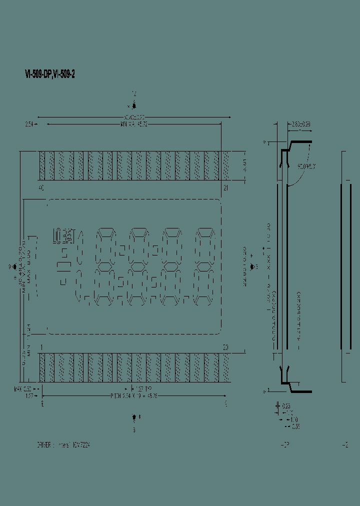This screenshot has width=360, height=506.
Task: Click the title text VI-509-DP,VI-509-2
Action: tap(50, 74)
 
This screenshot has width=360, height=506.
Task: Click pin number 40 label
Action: tap(41, 188)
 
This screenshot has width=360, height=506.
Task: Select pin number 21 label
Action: tap(226, 188)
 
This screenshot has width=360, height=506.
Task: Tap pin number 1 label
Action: tap(41, 347)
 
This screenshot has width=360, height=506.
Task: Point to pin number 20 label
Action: tap(225, 347)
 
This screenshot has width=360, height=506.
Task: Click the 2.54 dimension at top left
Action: tap(29, 124)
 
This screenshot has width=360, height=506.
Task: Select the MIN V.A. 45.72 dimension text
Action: tap(133, 124)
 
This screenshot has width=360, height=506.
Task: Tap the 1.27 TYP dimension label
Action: tap(145, 388)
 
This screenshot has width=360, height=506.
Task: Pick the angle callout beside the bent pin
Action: tap(306, 166)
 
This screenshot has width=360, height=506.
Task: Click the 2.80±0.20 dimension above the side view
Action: tap(300, 124)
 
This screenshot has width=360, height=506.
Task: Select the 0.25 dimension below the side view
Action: tap(286, 406)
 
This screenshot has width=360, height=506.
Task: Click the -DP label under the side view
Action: tap(284, 444)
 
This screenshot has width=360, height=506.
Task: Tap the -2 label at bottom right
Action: tap(345, 444)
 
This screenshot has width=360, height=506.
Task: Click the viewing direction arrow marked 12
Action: tap(134, 105)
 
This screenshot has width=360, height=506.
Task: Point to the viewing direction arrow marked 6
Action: tap(134, 417)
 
